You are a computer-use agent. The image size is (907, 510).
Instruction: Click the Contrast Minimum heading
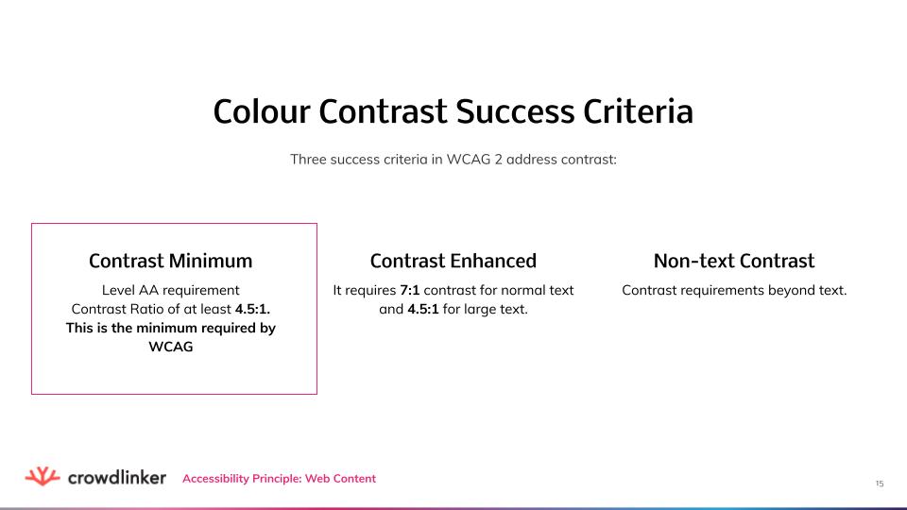pos(170,261)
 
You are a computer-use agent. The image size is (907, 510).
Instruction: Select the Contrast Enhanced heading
pos(453,261)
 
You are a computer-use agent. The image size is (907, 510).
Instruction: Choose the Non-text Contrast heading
pos(734,261)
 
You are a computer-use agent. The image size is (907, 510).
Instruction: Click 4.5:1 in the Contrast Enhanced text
pos(422,309)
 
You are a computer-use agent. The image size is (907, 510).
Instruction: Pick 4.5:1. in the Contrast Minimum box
pos(260,309)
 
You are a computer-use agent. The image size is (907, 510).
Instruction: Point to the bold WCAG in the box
pos(171,347)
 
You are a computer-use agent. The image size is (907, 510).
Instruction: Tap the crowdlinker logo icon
pos(42,477)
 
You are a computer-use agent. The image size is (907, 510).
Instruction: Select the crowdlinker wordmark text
pos(117,478)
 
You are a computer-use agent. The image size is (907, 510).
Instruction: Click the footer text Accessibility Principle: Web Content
pos(279,479)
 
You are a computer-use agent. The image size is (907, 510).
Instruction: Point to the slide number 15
pos(880,484)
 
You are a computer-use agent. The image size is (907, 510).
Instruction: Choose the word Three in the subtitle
pos(309,159)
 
